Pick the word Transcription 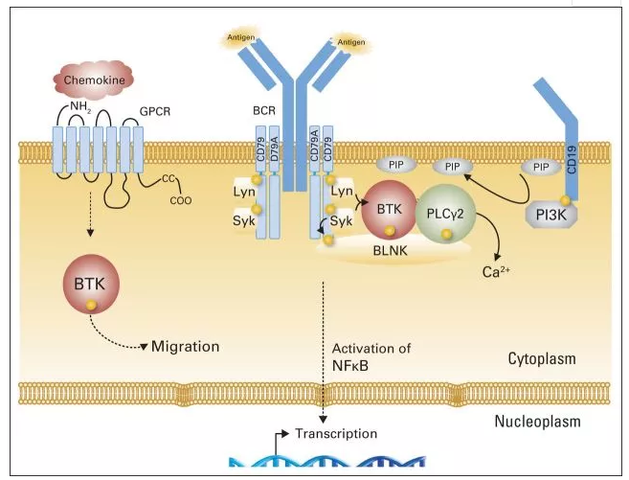[x=335, y=433]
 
